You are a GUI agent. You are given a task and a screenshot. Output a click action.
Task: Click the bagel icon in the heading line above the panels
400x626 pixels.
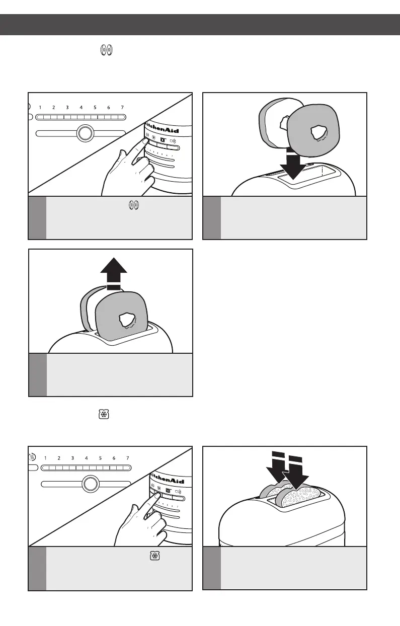coord(107,50)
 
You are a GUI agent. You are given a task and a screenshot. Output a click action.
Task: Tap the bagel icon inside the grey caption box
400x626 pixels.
coord(134,205)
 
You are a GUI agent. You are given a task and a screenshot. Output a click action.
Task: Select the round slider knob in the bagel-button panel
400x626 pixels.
coord(85,133)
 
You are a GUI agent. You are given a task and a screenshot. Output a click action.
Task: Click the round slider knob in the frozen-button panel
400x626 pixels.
coord(90,484)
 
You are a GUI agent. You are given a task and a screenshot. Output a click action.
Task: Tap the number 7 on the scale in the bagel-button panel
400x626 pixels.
coord(122,107)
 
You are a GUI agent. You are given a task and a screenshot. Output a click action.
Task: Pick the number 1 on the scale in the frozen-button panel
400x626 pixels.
coord(45,458)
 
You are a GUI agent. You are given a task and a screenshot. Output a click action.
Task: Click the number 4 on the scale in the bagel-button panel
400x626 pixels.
coord(81,107)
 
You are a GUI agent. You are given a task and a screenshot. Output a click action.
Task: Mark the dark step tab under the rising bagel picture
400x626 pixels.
coord(37,374)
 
